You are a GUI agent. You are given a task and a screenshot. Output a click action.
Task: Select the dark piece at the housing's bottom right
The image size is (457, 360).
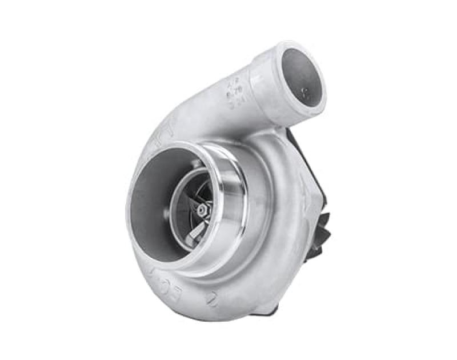(268, 309)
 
